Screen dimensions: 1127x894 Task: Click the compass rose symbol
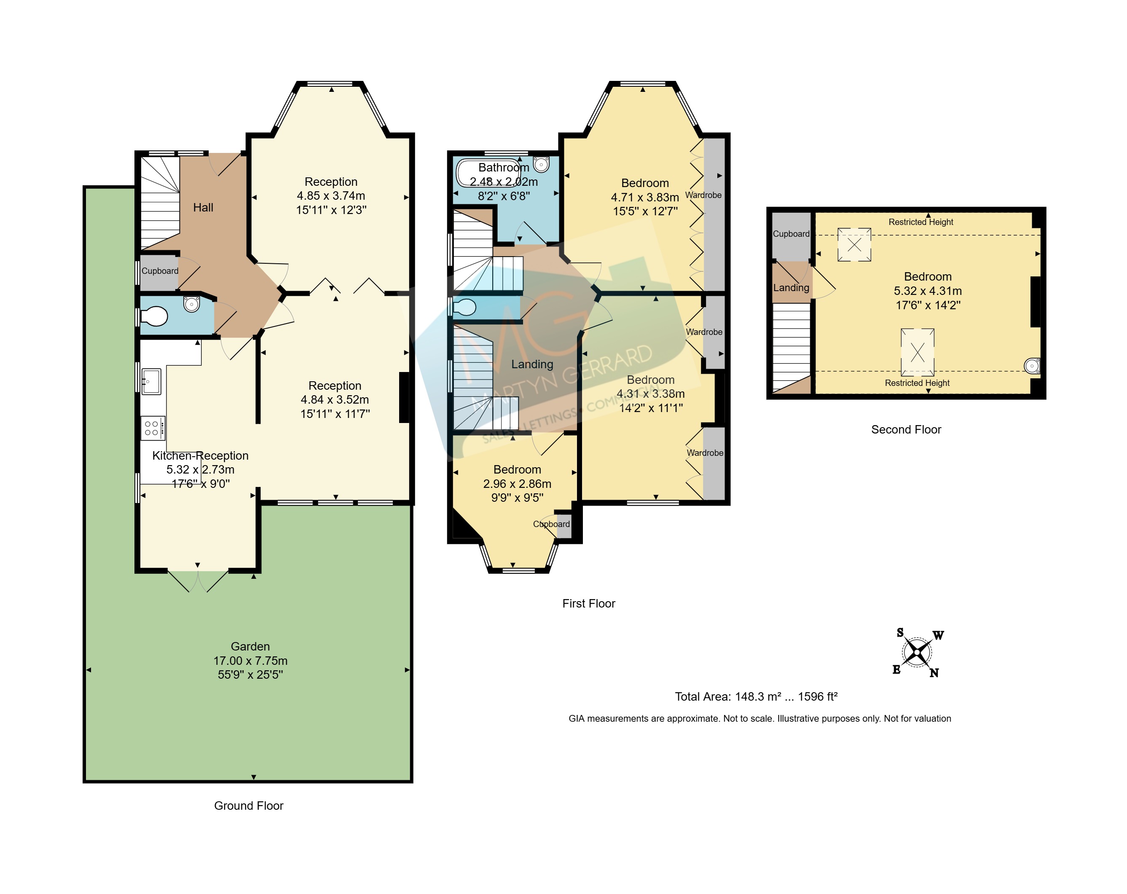point(917,653)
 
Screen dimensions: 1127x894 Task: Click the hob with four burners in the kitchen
point(153,428)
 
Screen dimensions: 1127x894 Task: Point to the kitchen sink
point(151,381)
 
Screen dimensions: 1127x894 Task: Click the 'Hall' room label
point(203,207)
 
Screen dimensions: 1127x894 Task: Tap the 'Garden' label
point(250,646)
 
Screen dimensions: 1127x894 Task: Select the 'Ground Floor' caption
point(249,806)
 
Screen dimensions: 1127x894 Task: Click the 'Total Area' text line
point(757,696)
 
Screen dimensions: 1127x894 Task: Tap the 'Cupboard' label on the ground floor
point(160,270)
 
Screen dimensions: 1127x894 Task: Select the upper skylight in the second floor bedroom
point(855,244)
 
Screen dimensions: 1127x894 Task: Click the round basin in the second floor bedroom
point(1032,366)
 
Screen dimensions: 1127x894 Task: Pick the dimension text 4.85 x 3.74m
point(331,196)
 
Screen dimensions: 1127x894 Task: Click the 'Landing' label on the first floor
point(532,364)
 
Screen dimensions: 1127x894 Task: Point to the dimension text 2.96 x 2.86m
point(517,484)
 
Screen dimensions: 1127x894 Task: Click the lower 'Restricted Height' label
point(918,383)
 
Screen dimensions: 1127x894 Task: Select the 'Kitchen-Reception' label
point(200,455)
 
